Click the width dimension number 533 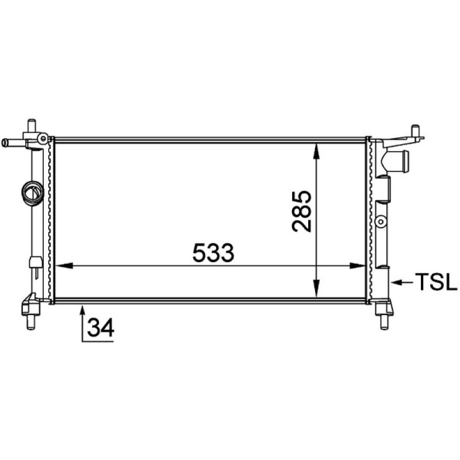point(213,252)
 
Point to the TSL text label point(435,282)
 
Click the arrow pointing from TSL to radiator point(403,282)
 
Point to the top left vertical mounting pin point(32,125)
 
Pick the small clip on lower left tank point(34,263)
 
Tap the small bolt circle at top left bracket point(42,138)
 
